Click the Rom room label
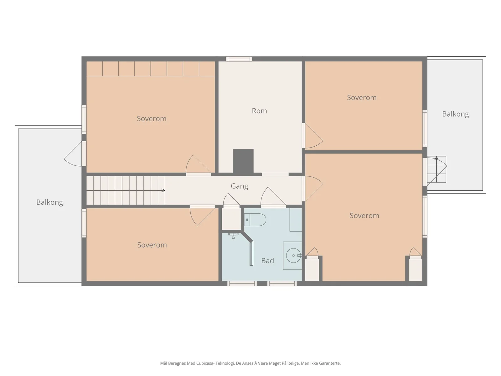(x=259, y=111)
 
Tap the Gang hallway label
(x=239, y=186)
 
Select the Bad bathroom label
(x=267, y=260)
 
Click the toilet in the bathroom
(x=255, y=220)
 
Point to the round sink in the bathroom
(x=293, y=255)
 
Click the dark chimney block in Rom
(x=243, y=161)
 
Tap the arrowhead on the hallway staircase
(x=163, y=191)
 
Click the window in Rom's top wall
(x=239, y=59)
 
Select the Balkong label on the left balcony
(x=49, y=202)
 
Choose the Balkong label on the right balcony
(x=455, y=114)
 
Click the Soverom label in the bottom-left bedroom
(x=152, y=245)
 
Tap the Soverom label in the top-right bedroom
(x=362, y=97)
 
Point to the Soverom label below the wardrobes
(x=152, y=118)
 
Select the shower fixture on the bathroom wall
(x=233, y=236)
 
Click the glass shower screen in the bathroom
(x=251, y=253)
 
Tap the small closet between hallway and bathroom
(x=231, y=219)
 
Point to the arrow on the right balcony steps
(x=436, y=170)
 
